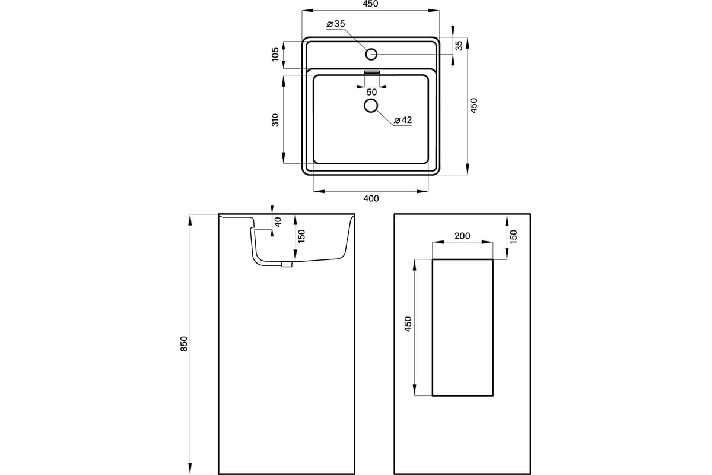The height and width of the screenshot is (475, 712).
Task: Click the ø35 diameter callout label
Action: click(x=336, y=24)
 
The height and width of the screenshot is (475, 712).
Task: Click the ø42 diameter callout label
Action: click(x=403, y=120)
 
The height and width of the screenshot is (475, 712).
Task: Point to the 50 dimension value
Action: click(x=371, y=92)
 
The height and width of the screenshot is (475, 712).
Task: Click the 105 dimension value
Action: click(x=275, y=54)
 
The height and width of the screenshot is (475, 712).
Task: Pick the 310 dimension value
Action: click(x=275, y=120)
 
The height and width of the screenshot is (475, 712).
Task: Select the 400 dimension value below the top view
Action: click(x=371, y=198)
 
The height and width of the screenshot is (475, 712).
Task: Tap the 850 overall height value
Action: click(x=184, y=344)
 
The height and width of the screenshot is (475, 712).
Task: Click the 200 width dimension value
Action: click(x=462, y=236)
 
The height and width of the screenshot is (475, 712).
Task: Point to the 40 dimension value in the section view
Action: click(x=278, y=222)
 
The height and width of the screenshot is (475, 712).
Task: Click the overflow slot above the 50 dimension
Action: click(x=372, y=72)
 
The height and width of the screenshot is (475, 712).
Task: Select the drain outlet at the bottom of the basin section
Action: click(x=287, y=264)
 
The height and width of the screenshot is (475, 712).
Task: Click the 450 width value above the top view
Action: click(x=370, y=4)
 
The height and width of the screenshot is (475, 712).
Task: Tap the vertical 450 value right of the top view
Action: click(x=473, y=105)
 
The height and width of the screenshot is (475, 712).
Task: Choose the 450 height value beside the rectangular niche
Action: click(x=408, y=324)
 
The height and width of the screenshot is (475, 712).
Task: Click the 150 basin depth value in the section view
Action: click(x=301, y=236)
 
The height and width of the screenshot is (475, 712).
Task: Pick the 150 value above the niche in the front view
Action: click(x=513, y=236)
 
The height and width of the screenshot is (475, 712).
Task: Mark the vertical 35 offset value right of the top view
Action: click(x=459, y=46)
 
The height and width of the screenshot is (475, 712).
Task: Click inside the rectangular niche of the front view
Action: click(x=462, y=327)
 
